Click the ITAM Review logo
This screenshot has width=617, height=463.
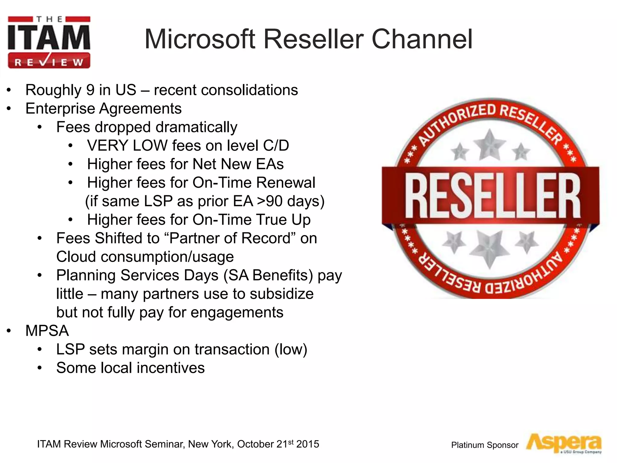(x=49, y=42)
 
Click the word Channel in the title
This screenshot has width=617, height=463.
(x=422, y=39)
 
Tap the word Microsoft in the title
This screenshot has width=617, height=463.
(x=200, y=39)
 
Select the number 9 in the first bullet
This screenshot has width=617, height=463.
(x=90, y=90)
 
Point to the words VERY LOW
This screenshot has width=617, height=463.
(x=127, y=146)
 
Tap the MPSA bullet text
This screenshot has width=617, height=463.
(x=47, y=331)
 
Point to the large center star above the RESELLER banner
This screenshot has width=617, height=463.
(x=489, y=144)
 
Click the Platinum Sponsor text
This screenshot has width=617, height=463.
(x=484, y=445)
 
